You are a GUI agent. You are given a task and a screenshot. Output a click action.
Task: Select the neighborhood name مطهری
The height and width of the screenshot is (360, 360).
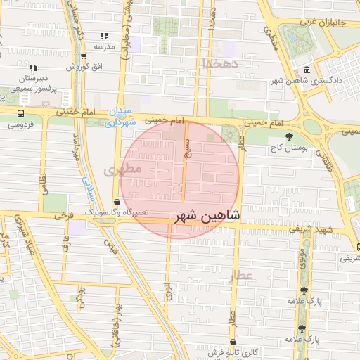tap(123, 169)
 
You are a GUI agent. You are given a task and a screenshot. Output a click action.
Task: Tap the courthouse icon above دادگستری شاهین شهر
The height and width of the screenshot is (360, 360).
tap(307, 70)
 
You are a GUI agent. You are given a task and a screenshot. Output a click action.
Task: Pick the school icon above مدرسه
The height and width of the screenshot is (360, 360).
tap(104, 36)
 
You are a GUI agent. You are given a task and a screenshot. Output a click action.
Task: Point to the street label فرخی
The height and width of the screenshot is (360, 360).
tap(65, 213)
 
